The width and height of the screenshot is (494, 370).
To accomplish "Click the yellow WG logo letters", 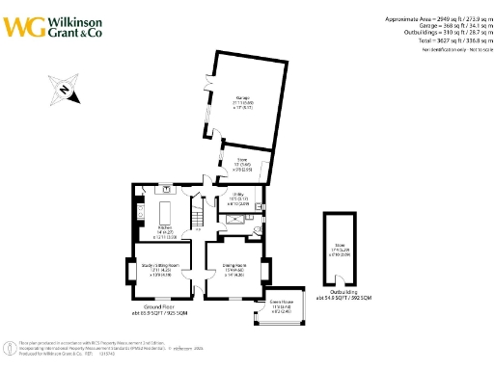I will tap(22, 25).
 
